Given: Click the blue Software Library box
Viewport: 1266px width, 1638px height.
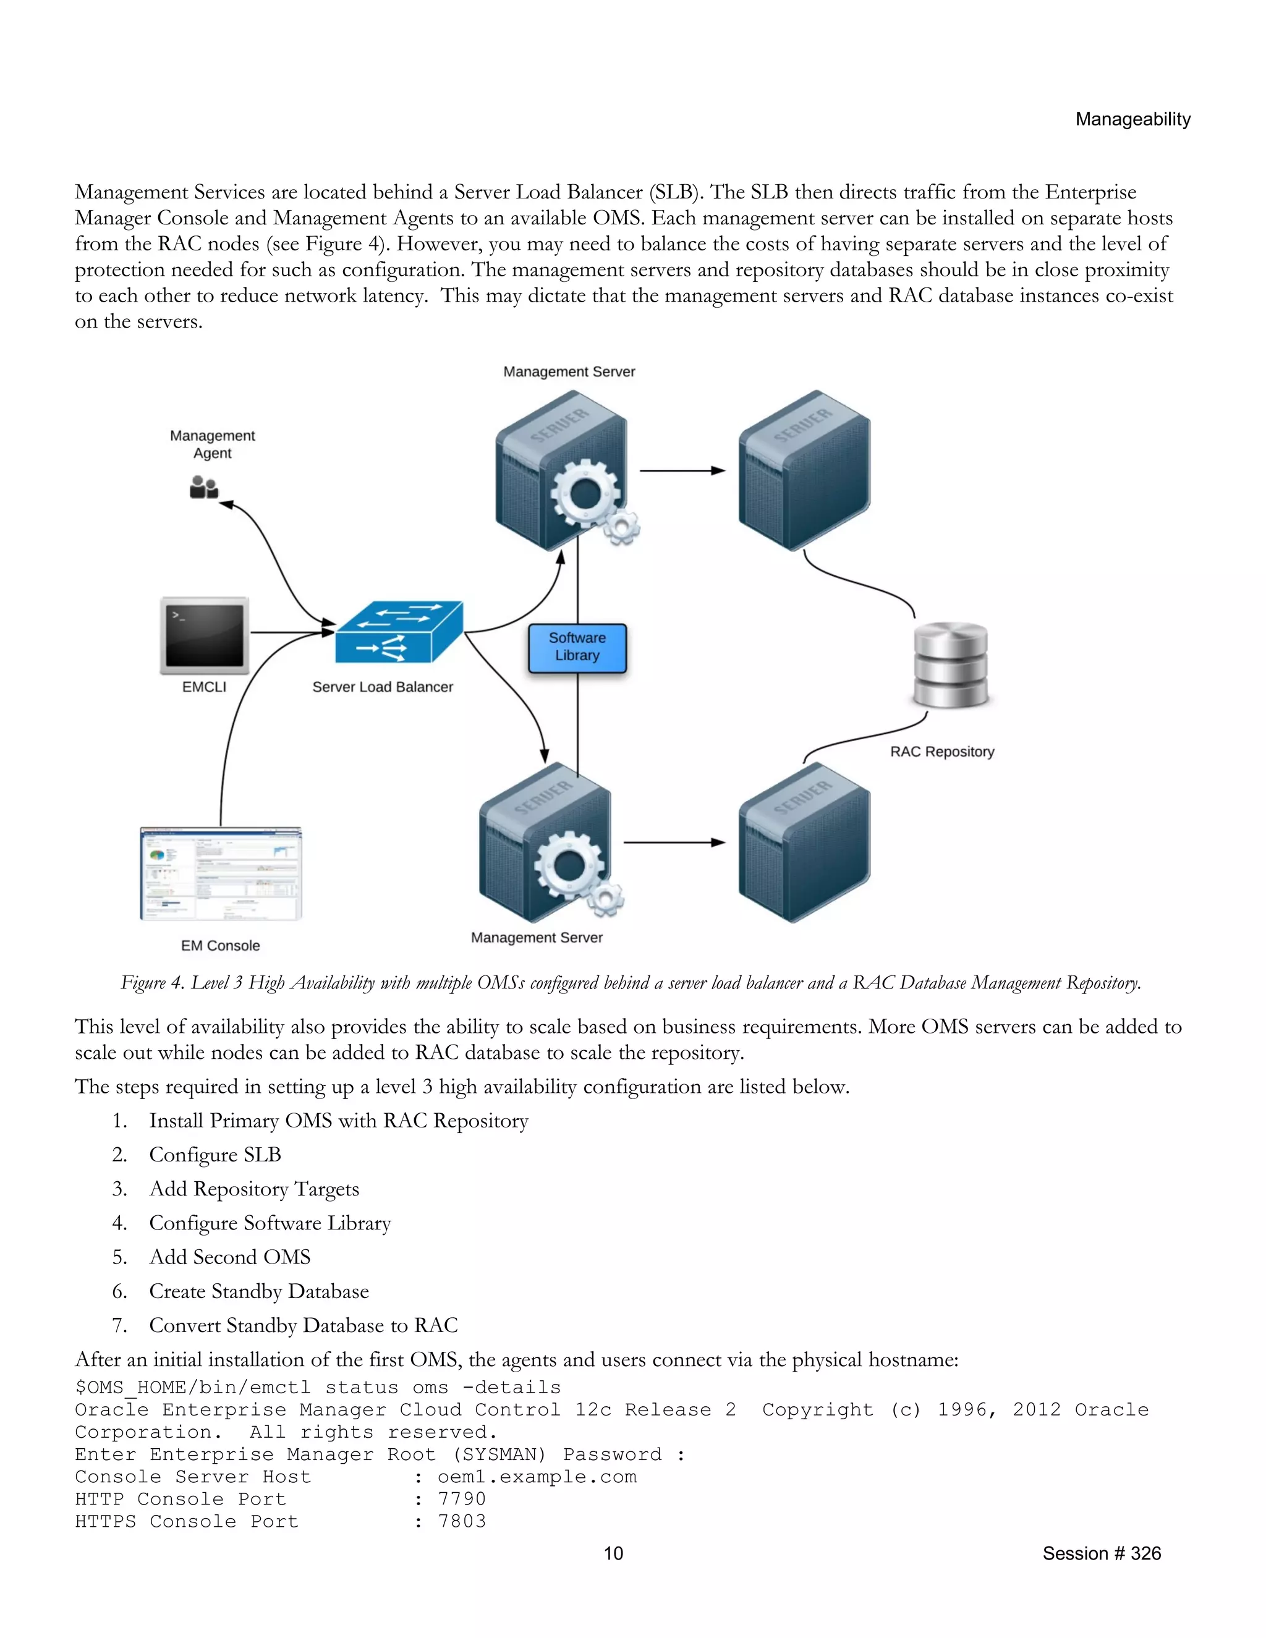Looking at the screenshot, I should pyautogui.click(x=577, y=647).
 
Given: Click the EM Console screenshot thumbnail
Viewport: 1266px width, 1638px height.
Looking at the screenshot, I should pyautogui.click(x=221, y=874).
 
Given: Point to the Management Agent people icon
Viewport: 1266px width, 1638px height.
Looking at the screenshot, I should pyautogui.click(x=203, y=488).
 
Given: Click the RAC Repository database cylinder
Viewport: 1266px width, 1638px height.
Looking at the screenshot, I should pyautogui.click(x=950, y=664).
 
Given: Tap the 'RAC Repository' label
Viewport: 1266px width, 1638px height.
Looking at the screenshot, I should pyautogui.click(x=942, y=752).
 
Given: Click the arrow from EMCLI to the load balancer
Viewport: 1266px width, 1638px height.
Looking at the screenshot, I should pyautogui.click(x=292, y=632).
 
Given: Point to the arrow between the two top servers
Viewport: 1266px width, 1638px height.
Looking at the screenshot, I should pyautogui.click(x=682, y=470).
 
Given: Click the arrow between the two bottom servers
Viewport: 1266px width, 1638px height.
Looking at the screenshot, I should pyautogui.click(x=674, y=842).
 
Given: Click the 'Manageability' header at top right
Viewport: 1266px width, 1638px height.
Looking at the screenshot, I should pyautogui.click(x=1132, y=119).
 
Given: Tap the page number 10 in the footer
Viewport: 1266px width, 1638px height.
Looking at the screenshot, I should pyautogui.click(x=613, y=1553).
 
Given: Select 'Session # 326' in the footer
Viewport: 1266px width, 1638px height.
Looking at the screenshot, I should pyautogui.click(x=1101, y=1553).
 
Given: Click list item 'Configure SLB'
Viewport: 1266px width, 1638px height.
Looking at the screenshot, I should pyautogui.click(x=215, y=1155).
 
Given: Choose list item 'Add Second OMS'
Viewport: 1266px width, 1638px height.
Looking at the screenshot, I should pyautogui.click(x=229, y=1257).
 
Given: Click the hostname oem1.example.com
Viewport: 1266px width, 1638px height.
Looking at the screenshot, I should pyautogui.click(x=537, y=1476).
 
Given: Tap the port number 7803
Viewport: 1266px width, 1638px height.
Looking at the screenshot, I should pyautogui.click(x=462, y=1521).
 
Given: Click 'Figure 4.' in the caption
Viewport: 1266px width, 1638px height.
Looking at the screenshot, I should pyautogui.click(x=152, y=983).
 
